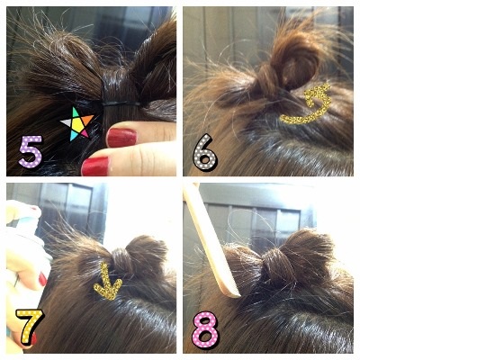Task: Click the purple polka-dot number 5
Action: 31,151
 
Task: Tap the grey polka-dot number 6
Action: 204,153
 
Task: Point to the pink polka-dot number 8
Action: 205,330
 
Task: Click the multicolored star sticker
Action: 77,123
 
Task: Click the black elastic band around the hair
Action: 121,103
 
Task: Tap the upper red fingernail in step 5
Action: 121,138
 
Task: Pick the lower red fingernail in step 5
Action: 95,166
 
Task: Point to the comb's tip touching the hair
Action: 238,295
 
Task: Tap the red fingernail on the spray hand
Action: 42,279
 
